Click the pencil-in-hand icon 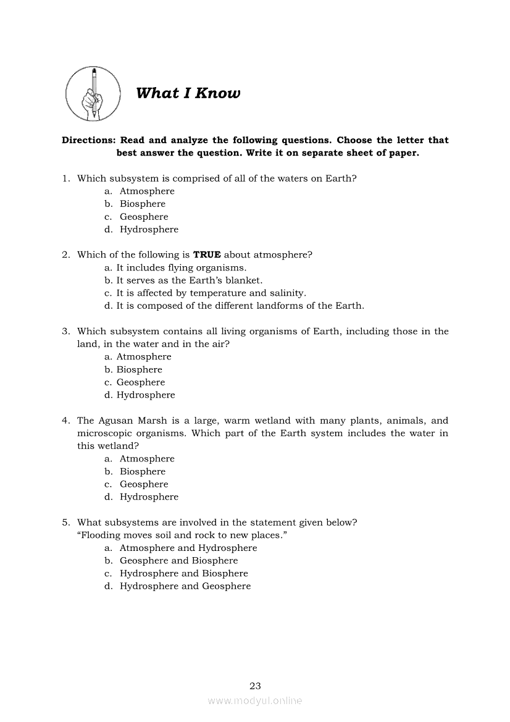(x=94, y=93)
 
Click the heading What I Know (x=188, y=93)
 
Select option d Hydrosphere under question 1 (x=149, y=229)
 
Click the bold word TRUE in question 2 (x=207, y=254)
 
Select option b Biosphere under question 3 (x=139, y=369)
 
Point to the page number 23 (x=255, y=686)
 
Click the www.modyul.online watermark (x=255, y=700)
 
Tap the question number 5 (x=65, y=523)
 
